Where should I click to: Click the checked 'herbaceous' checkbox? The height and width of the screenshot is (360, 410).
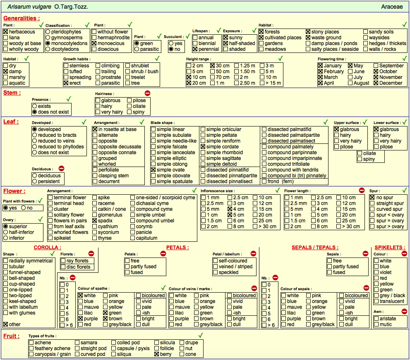point(5,31)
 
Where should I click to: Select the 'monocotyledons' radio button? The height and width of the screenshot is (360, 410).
point(48,43)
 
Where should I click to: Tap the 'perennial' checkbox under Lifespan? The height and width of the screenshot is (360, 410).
point(195,49)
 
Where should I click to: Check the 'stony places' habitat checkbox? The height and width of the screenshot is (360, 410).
point(308,31)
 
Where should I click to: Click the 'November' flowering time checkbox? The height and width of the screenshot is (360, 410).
point(376,77)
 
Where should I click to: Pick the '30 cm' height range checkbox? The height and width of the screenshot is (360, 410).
point(213,66)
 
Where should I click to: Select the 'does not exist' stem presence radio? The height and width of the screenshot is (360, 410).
point(34,112)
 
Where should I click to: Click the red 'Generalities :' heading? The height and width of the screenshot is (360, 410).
point(22,18)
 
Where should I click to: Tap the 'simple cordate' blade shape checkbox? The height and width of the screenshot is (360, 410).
point(203,147)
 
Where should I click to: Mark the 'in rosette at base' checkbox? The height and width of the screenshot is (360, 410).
point(95,129)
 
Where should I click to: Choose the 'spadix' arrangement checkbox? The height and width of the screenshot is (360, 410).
point(95,221)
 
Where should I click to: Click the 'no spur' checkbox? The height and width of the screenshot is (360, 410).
point(372,198)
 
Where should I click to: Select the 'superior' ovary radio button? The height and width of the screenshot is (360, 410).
point(5,226)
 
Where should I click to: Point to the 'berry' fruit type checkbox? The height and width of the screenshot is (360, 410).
point(157,354)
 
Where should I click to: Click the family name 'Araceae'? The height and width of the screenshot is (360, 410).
point(392,7)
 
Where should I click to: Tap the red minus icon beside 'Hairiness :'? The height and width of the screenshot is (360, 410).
point(147,93)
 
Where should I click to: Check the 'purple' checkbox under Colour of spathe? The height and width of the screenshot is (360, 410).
point(81,319)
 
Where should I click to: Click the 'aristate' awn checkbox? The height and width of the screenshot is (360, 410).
point(376,319)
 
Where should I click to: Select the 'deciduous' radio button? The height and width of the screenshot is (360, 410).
point(34,176)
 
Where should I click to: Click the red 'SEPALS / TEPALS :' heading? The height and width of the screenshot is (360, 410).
point(315,248)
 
